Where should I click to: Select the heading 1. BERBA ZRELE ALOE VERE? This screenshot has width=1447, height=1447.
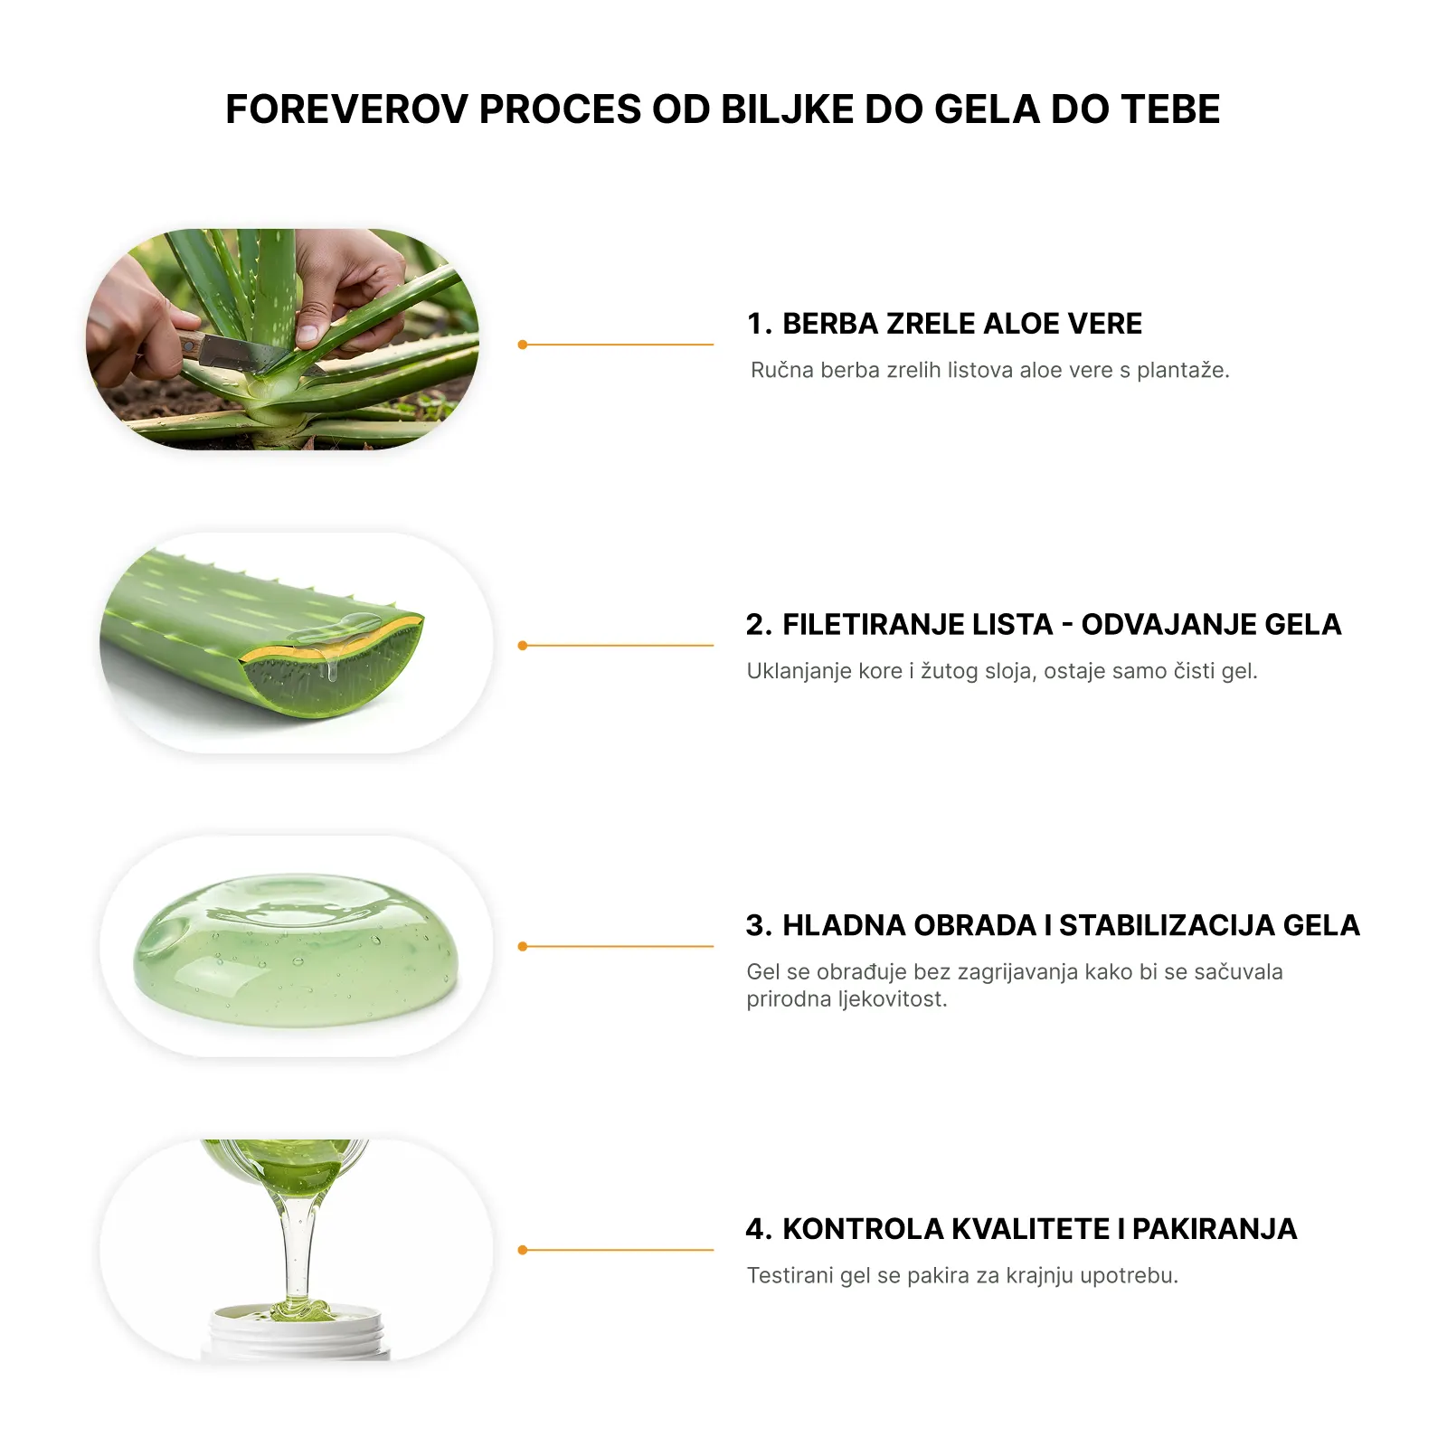[944, 324]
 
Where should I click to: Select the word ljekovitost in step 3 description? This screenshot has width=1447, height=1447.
[892, 999]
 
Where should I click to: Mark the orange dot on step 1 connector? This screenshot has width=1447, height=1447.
[523, 345]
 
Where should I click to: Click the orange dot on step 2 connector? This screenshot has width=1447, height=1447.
[523, 646]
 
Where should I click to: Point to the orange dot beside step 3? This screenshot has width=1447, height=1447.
[523, 947]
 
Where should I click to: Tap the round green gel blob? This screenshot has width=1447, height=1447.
[296, 950]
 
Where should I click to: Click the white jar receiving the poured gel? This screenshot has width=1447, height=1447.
[298, 1331]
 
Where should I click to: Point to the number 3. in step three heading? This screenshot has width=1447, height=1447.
[759, 926]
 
